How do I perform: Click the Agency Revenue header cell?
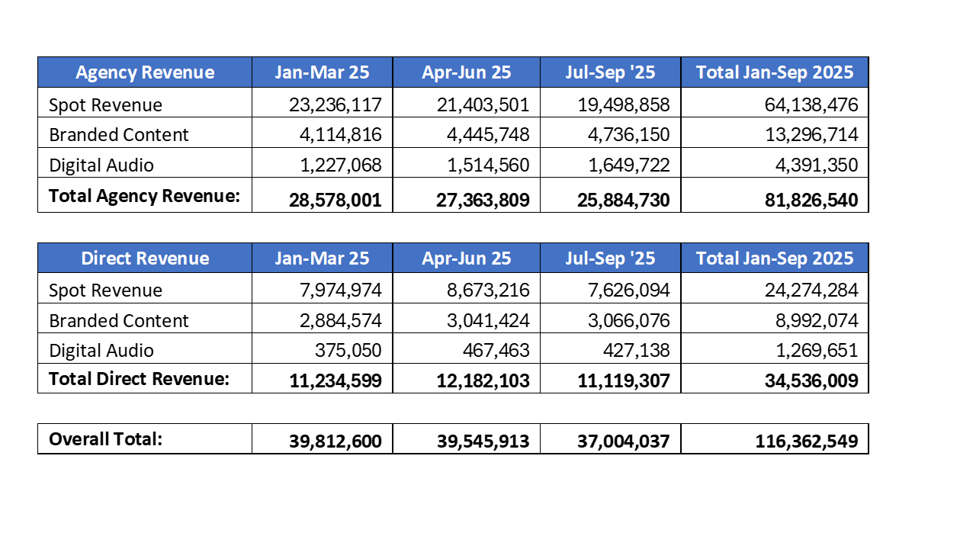[145, 72]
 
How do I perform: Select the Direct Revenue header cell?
[145, 258]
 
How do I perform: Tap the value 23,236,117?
[335, 104]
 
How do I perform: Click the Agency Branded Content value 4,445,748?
[483, 135]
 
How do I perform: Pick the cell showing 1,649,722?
[624, 165]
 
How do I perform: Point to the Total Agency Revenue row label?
[144, 196]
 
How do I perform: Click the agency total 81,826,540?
[811, 201]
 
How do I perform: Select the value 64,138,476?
[811, 104]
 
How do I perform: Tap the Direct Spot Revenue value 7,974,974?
[335, 291]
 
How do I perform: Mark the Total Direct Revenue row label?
[139, 379]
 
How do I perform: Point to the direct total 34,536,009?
[811, 380]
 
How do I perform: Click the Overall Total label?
[105, 439]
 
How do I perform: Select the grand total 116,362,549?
[807, 441]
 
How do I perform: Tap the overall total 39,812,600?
[335, 441]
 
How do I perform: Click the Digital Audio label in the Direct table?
[101, 351]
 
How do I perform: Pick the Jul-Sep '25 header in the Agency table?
[610, 72]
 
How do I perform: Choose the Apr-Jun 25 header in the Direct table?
[467, 258]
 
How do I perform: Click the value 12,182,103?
[483, 380]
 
